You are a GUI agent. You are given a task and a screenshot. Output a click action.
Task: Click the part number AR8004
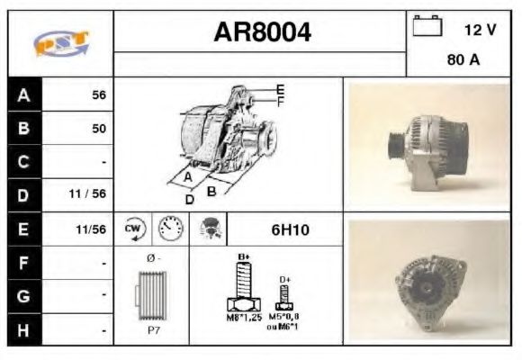[262, 33]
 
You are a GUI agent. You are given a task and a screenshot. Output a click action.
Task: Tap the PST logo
[60, 43]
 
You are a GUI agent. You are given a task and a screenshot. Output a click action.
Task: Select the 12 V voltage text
[480, 30]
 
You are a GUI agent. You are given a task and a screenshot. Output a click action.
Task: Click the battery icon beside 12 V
[426, 28]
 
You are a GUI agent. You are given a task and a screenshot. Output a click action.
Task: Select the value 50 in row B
[98, 128]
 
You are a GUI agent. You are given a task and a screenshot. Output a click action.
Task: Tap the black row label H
[24, 329]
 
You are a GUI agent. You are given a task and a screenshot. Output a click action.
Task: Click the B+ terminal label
[242, 257]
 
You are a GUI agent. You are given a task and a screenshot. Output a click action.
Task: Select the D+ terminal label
[285, 280]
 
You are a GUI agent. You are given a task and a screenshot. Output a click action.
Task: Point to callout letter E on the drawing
[280, 88]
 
